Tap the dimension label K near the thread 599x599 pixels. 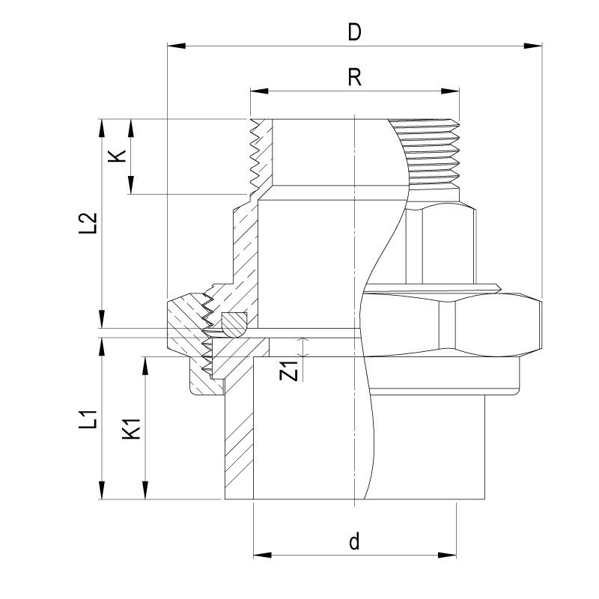[x=117, y=156]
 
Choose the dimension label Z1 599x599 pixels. [x=292, y=370]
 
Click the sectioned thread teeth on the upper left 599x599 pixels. [x=258, y=153]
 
